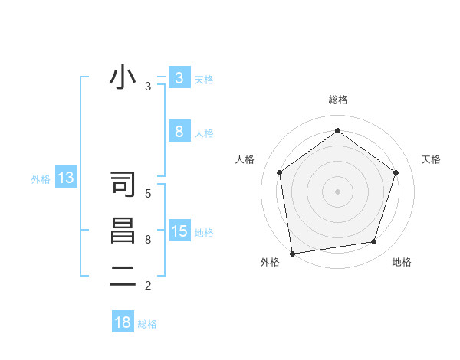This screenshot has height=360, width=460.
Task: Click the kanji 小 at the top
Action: click(x=123, y=78)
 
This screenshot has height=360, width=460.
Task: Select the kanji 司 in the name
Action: click(x=123, y=185)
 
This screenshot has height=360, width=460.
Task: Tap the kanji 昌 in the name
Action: click(x=123, y=231)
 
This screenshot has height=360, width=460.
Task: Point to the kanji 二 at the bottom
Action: click(x=123, y=277)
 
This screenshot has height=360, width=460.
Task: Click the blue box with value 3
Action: click(x=179, y=78)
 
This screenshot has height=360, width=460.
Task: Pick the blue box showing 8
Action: click(x=179, y=132)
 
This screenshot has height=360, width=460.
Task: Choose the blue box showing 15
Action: click(x=179, y=231)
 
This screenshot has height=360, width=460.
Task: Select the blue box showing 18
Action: click(x=123, y=322)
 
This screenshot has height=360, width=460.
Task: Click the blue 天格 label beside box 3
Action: click(x=204, y=79)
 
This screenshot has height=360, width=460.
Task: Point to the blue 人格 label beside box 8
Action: click(x=204, y=133)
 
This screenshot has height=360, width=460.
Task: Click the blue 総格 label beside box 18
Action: click(x=147, y=324)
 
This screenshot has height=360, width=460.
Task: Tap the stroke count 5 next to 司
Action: click(x=148, y=194)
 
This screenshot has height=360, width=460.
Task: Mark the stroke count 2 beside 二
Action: click(x=148, y=286)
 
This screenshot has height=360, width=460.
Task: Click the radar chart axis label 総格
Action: click(x=337, y=100)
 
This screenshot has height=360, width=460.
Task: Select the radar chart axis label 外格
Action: click(x=270, y=262)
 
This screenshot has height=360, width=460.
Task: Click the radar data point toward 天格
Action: click(x=396, y=172)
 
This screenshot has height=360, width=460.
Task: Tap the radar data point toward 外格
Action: click(x=292, y=253)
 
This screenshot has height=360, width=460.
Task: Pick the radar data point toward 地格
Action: click(x=373, y=242)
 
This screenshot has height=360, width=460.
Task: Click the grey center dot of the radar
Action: click(x=337, y=191)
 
